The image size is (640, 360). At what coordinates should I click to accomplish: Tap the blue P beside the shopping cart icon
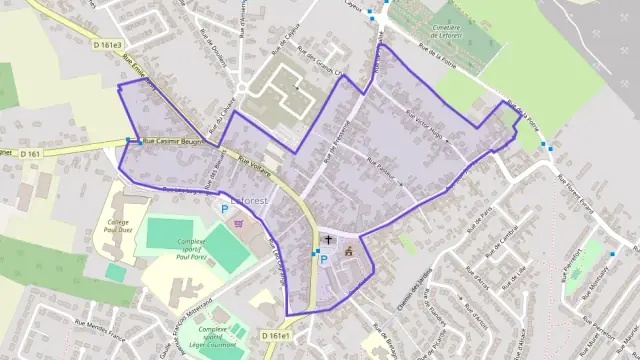click(224, 210)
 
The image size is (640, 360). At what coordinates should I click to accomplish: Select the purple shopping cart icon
click(238, 224)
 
